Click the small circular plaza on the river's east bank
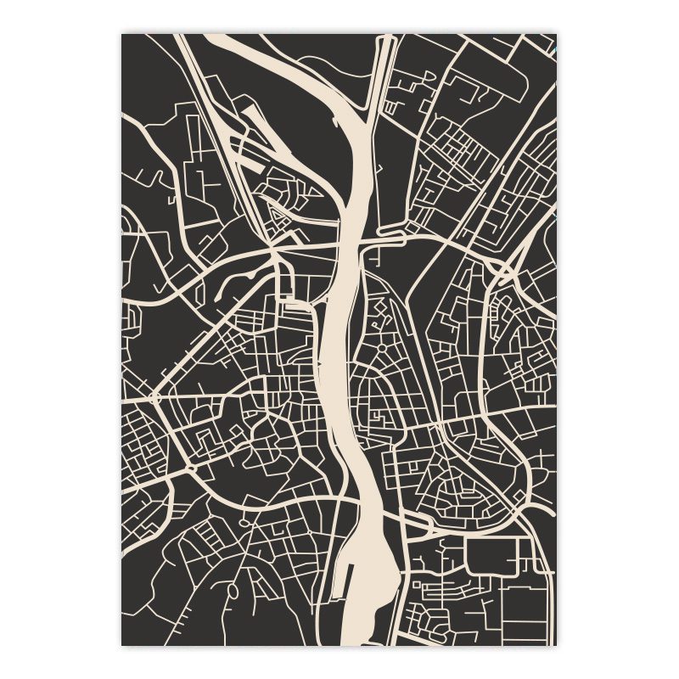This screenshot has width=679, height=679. [x=381, y=347]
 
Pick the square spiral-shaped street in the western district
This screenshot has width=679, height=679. [x=209, y=438]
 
